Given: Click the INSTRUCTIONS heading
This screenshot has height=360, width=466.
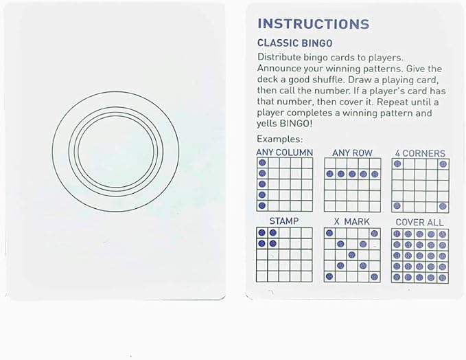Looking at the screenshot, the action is point(313,24).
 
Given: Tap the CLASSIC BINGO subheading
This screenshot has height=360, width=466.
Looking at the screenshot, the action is point(295,43).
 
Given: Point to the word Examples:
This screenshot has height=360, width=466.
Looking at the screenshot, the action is point(279,139).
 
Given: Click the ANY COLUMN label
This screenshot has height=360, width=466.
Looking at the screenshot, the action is point(285,153).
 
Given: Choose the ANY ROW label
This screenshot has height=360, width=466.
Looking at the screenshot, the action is point(352,153).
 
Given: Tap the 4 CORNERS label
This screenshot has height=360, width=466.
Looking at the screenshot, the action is point(420,153).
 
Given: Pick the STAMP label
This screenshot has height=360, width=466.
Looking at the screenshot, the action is point(284,221).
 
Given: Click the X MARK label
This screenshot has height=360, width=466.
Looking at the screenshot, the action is point(351,222).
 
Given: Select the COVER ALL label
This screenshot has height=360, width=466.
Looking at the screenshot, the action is point(419,222).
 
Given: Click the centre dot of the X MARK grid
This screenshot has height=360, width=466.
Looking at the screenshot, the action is point(352,255).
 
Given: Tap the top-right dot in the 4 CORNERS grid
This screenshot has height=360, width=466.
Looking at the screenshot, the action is point(443,164).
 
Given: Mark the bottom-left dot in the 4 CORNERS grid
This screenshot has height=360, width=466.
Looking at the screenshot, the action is point(397,206).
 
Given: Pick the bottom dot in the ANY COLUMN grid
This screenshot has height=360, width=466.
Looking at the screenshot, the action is point(262,205).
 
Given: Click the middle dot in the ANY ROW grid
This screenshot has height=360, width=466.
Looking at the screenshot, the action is point(352,174).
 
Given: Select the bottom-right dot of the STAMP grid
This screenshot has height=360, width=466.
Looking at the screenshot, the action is point(273,244).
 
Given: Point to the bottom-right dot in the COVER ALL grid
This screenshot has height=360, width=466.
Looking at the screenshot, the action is point(443,278).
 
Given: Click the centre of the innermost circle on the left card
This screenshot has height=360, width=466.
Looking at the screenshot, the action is point(116,151).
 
